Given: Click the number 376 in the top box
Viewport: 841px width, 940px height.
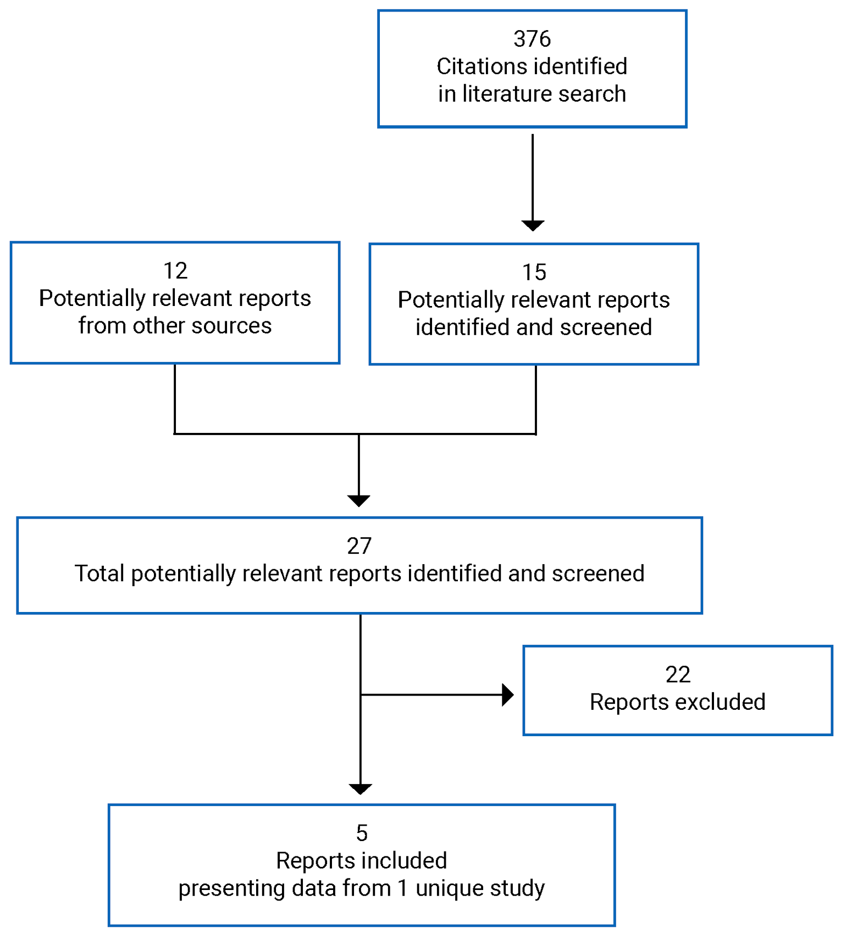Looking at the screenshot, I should (x=532, y=39).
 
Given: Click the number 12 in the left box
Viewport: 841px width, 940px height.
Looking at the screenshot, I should (x=175, y=271).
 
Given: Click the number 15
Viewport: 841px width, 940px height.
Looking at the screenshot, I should (x=534, y=272).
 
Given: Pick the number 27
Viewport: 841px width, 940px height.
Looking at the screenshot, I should (x=359, y=546).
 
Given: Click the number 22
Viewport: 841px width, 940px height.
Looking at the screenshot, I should (x=677, y=675).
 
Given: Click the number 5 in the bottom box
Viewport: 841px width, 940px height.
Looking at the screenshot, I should (x=361, y=833).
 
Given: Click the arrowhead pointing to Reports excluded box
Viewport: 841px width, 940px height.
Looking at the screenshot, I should (x=508, y=695).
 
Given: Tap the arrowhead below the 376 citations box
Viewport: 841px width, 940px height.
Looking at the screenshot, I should (x=532, y=225).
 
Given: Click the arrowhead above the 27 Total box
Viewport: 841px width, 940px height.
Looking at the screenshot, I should (x=358, y=500).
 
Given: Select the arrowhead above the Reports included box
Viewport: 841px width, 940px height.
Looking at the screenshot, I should (x=360, y=789).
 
